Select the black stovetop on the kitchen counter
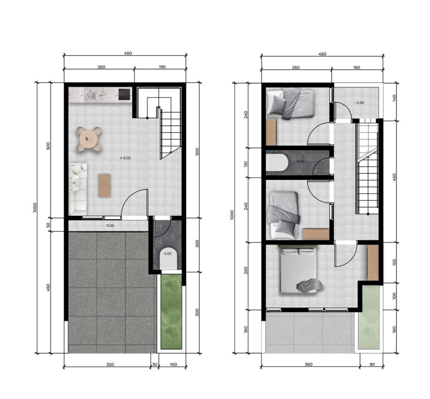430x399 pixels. [x=124, y=94]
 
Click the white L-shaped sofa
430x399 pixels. [x=77, y=188]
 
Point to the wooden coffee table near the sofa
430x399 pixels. [x=104, y=185]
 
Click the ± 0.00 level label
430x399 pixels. [x=125, y=158]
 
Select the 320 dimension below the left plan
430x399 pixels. [x=110, y=364]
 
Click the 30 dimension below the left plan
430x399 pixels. [x=155, y=364]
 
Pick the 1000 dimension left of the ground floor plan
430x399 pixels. [x=35, y=207]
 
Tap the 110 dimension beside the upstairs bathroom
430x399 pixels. [x=246, y=164]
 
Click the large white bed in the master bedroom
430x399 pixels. [x=298, y=270]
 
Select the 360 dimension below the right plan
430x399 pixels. [x=308, y=364]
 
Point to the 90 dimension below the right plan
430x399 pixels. [x=372, y=364]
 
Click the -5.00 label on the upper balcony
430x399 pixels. [x=359, y=103]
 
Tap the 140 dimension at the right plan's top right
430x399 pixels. [x=394, y=98]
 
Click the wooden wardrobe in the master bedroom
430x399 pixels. [x=373, y=263]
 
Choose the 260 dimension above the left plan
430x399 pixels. [x=101, y=67]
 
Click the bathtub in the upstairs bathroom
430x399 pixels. [x=277, y=162]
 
